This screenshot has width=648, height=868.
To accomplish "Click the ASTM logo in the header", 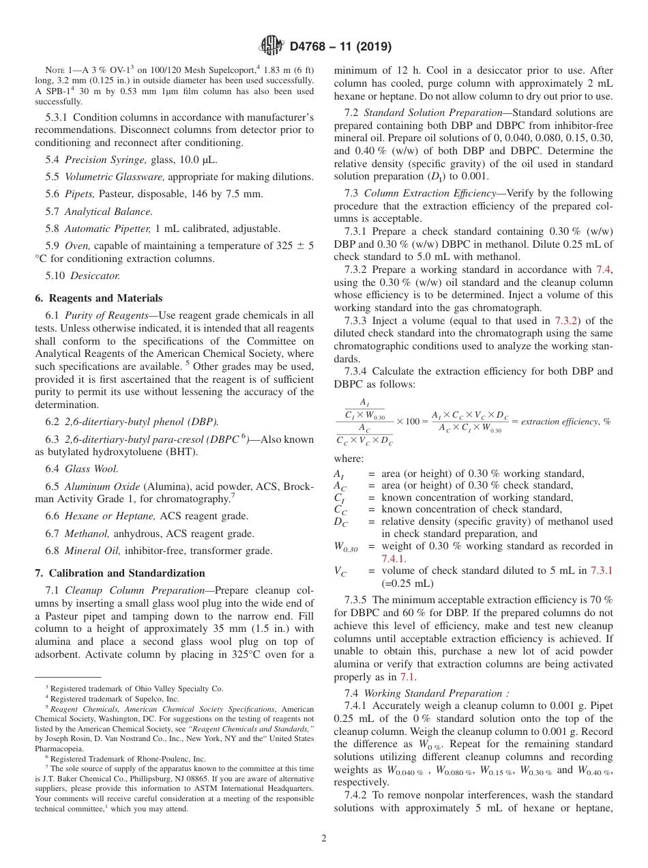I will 270,47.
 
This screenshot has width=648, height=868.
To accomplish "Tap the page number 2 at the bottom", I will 324,839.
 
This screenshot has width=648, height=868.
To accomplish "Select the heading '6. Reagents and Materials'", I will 98,298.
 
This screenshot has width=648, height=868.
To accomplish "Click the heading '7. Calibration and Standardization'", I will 119,573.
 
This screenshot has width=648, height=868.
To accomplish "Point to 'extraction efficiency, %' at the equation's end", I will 565,422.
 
